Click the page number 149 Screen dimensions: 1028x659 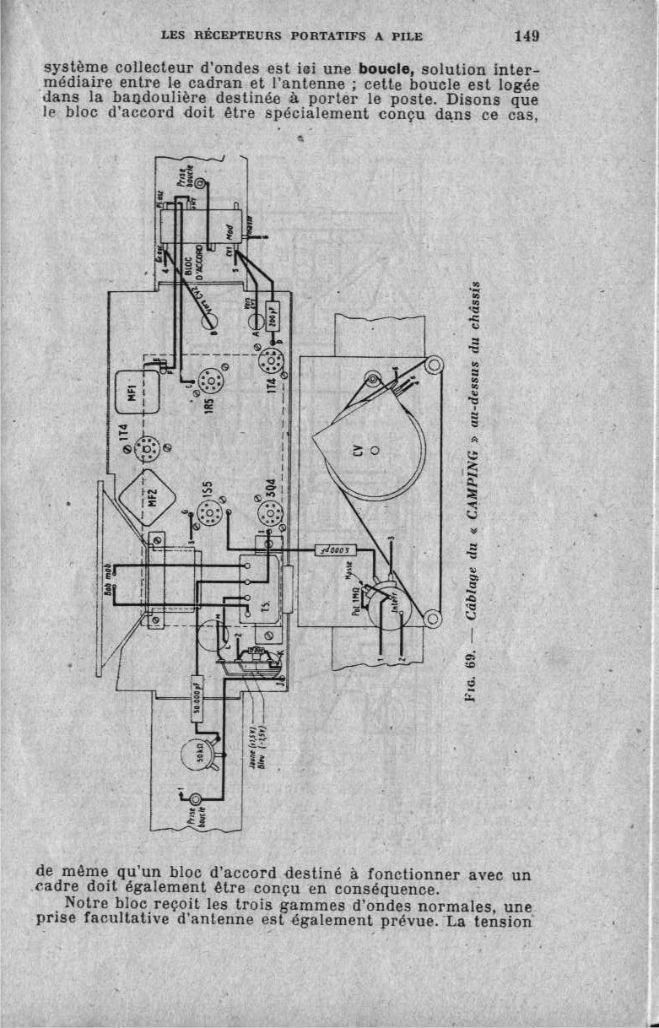(x=525, y=36)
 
